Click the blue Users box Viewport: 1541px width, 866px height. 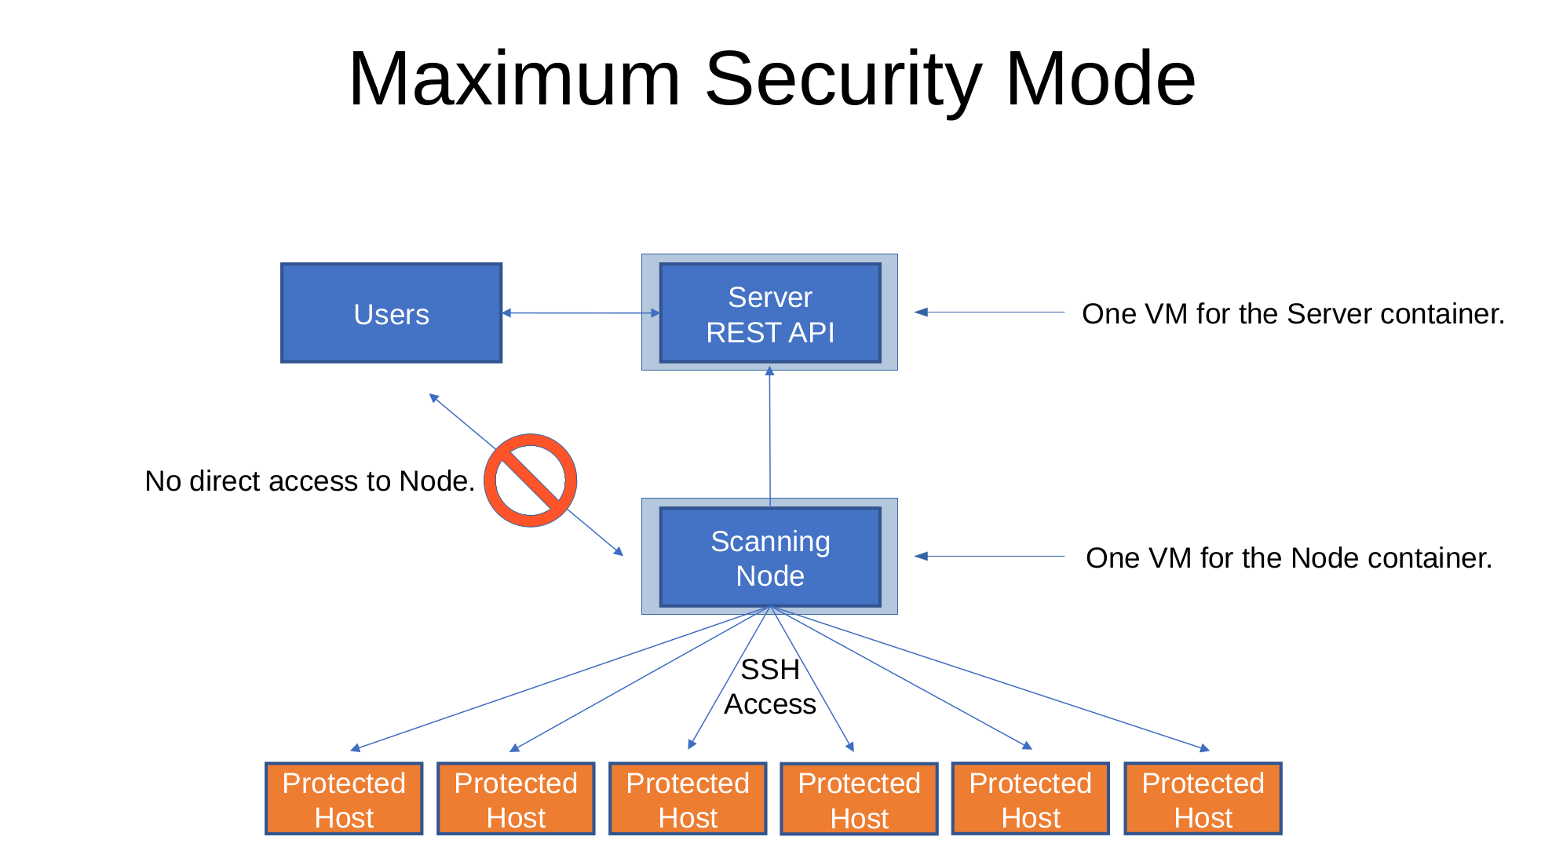point(391,312)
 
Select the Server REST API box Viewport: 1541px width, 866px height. point(769,312)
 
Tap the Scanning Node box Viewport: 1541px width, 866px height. point(769,557)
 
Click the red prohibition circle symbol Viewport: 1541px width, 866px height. point(530,481)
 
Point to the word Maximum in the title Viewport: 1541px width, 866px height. point(514,79)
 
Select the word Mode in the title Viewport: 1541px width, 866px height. point(1101,79)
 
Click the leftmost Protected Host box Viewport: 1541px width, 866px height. point(344,798)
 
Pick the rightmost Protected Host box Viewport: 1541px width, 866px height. point(1203,798)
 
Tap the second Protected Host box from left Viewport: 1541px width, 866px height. point(516,798)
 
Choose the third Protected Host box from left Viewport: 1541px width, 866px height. point(688,798)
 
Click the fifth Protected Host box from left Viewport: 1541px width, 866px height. point(1031,798)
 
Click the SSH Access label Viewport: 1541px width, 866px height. point(770,687)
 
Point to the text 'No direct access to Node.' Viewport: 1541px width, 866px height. point(310,481)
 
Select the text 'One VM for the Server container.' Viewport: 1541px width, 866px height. point(1294,314)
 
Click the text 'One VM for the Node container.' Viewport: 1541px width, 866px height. point(1289,558)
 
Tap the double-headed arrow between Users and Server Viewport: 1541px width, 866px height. point(581,312)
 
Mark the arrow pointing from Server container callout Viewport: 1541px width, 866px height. point(989,312)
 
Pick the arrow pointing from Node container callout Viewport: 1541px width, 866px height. point(989,556)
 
